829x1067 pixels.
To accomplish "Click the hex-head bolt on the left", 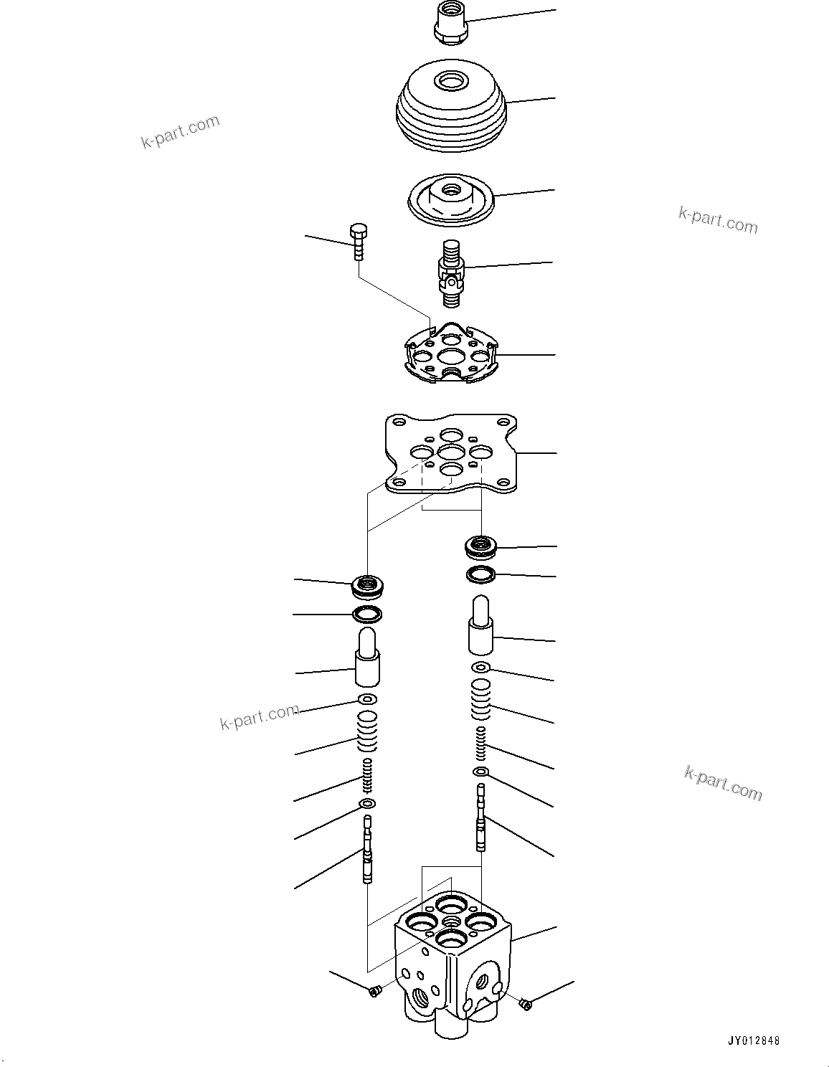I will [359, 243].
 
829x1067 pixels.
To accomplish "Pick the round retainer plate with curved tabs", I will [450, 353].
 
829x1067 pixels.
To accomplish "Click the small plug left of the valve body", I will [373, 990].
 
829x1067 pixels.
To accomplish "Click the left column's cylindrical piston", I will [367, 657].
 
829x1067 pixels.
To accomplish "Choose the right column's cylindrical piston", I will [481, 626].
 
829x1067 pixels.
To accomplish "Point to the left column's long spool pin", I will [368, 850].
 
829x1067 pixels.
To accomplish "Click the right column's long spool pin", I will [481, 817].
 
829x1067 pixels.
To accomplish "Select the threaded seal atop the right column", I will [480, 547].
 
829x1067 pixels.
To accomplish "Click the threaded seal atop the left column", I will [368, 586].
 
